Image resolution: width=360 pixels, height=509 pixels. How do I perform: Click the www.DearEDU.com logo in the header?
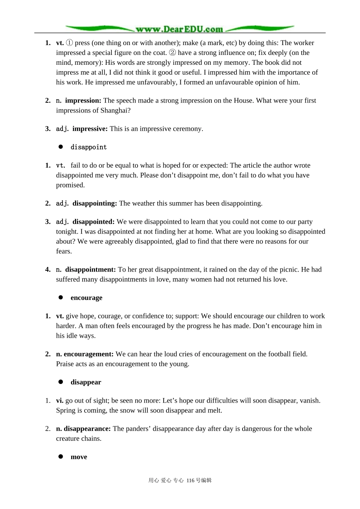tap(180, 29)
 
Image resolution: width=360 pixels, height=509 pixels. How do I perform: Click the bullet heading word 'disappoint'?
tap(89, 147)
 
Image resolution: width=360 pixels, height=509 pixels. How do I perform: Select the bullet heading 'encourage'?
tap(86, 298)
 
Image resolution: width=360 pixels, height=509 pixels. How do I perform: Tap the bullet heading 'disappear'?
tap(86, 382)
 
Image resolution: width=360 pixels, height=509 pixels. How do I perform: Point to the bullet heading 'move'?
tap(79, 457)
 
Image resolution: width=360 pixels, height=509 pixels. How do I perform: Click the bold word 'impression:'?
tap(83, 101)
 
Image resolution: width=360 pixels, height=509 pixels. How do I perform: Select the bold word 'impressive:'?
tap(90, 129)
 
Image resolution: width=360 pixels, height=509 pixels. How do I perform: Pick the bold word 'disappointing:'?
tap(95, 203)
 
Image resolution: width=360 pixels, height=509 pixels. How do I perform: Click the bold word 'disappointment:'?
tap(91, 270)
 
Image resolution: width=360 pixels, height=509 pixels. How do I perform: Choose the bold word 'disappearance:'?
tap(87, 429)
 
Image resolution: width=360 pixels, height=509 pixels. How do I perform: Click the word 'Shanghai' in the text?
tap(114, 111)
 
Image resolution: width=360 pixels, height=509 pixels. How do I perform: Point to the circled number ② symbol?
tap(172, 53)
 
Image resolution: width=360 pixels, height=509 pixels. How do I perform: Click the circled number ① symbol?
tap(69, 43)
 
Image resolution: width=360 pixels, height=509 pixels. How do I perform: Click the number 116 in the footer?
tap(191, 481)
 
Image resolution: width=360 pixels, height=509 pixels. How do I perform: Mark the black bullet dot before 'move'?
tap(61, 456)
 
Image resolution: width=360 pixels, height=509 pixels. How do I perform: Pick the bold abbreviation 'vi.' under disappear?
tap(59, 401)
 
